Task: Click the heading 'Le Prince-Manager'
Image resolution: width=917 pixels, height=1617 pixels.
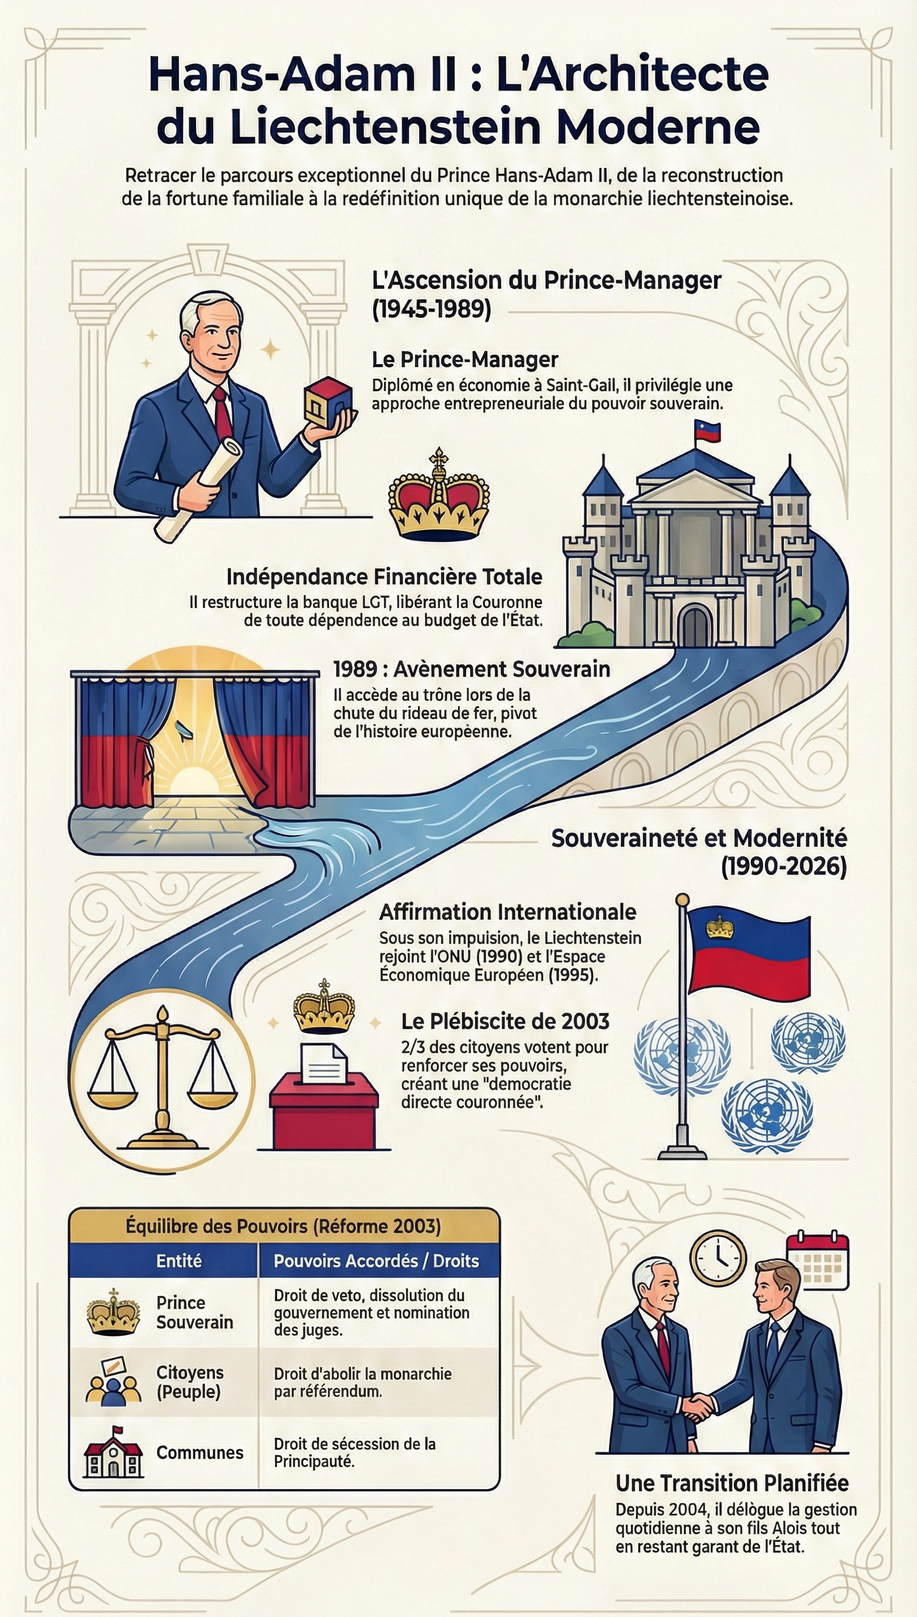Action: [465, 359]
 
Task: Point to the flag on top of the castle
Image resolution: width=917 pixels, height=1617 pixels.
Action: [707, 432]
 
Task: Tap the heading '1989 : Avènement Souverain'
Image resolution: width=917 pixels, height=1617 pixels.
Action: [472, 669]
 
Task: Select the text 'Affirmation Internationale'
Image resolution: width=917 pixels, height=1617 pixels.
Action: [507, 912]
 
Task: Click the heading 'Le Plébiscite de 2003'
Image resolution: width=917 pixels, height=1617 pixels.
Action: [505, 1021]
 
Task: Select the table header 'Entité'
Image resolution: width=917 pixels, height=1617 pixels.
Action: [179, 1261]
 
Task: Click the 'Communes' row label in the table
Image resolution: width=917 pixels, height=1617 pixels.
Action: [199, 1453]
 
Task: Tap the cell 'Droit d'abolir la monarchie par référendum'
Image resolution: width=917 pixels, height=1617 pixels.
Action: [363, 1382]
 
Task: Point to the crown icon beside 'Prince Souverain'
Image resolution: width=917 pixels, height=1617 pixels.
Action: [113, 1312]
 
